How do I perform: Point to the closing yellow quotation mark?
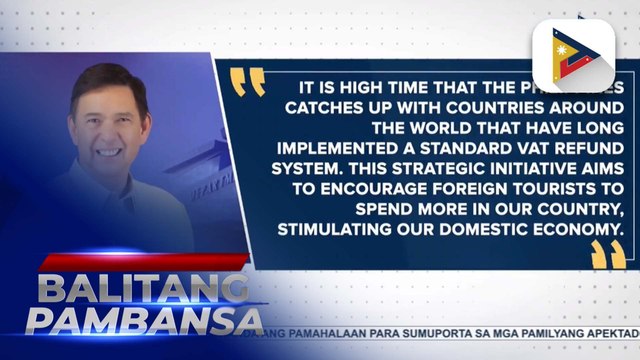click(607, 255)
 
